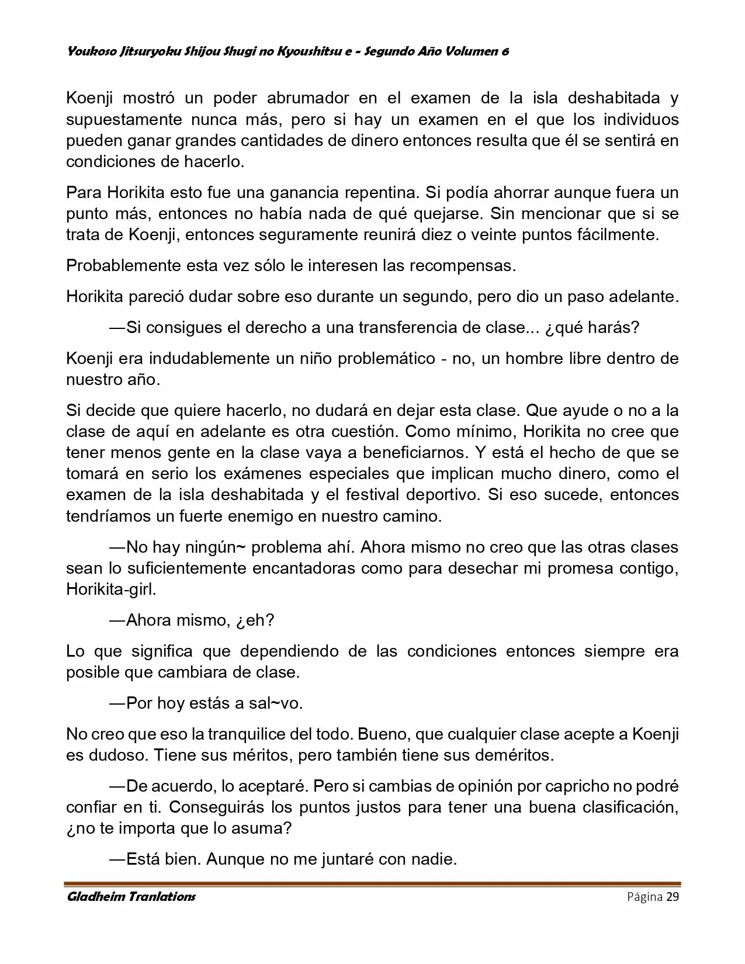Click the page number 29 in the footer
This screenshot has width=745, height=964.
tap(672, 897)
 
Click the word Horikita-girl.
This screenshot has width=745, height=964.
tap(112, 589)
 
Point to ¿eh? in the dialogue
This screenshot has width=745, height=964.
tap(255, 620)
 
